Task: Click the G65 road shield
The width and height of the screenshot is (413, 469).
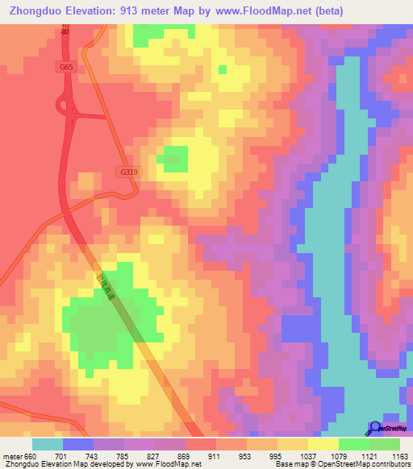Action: (67, 68)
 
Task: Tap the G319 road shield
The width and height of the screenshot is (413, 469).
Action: (127, 172)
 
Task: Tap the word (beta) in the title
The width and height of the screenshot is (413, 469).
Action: (328, 11)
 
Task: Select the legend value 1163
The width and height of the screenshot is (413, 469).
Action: (399, 456)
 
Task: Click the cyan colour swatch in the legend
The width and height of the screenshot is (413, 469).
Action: (48, 444)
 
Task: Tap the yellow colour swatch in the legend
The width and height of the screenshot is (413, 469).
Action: (322, 444)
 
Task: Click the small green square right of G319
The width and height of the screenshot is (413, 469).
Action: (172, 159)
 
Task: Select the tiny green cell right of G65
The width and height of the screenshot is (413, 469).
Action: (222, 69)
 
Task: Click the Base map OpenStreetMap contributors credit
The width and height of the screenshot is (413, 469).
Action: (343, 464)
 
